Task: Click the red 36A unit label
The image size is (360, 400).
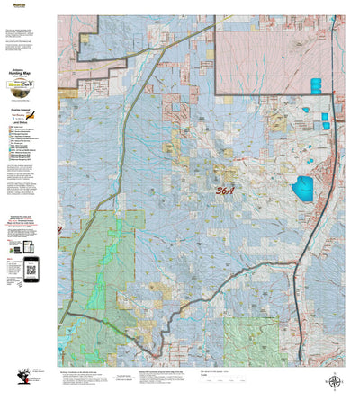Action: [228, 191]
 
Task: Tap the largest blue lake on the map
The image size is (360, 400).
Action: [301, 188]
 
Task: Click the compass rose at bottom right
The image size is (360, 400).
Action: [334, 381]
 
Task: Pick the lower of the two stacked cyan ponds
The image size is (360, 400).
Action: [316, 91]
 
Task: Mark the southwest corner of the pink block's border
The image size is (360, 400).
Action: [216, 94]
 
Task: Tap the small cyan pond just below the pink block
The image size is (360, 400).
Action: [305, 111]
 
